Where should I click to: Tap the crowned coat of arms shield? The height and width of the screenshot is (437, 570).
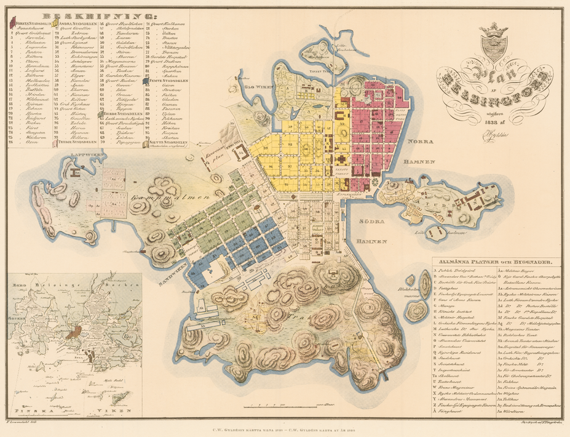[x=494, y=44]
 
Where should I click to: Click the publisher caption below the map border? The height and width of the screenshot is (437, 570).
[x=285, y=430]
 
